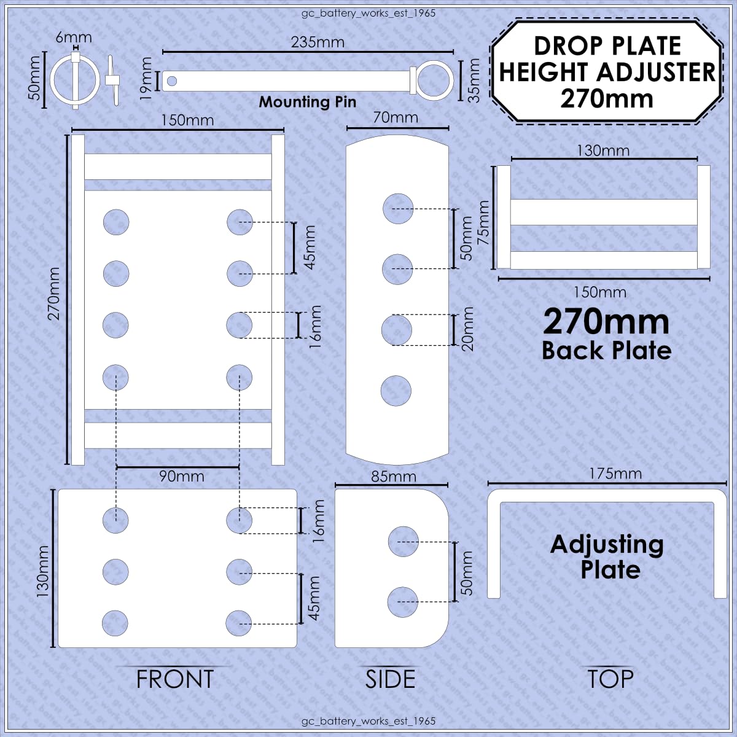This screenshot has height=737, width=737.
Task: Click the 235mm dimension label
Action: pyautogui.click(x=318, y=42)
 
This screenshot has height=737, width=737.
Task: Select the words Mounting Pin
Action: pyautogui.click(x=308, y=102)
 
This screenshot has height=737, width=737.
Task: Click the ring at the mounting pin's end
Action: pyautogui.click(x=435, y=80)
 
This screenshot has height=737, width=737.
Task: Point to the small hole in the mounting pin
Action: pyautogui.click(x=172, y=80)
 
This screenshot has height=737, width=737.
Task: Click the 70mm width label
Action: pyautogui.click(x=396, y=117)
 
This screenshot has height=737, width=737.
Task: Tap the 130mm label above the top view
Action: pyautogui.click(x=603, y=150)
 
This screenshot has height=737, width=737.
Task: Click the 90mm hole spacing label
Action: pyautogui.click(x=182, y=477)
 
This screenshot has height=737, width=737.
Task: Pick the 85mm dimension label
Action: pyautogui.click(x=394, y=477)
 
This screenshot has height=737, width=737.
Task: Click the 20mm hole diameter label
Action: pyautogui.click(x=468, y=329)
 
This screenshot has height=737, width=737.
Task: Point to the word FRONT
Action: pyautogui.click(x=175, y=679)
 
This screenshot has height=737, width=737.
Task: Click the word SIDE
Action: pyautogui.click(x=390, y=679)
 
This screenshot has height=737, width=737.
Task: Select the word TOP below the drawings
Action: pyautogui.click(x=610, y=679)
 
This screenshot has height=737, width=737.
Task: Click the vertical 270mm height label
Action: pyautogui.click(x=54, y=294)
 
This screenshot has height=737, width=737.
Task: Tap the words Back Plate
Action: pyautogui.click(x=607, y=350)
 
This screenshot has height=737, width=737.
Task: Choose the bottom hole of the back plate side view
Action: pyautogui.click(x=396, y=391)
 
